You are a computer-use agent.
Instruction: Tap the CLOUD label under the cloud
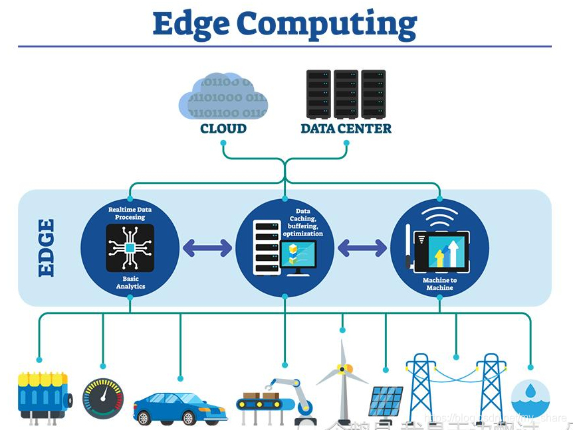pos(223,128)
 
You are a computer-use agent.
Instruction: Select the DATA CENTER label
pos(346,128)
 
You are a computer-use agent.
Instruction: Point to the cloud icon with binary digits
pos(223,97)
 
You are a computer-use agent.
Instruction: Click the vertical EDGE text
pos(46,248)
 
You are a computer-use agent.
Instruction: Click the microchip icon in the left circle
pos(130,247)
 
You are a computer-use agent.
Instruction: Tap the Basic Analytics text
pos(130,283)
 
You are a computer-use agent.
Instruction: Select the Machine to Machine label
pos(439,284)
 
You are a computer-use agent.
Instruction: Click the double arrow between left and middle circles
pos(207,248)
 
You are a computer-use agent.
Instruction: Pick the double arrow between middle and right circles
pos(362,248)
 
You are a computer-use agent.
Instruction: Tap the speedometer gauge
pos(103,399)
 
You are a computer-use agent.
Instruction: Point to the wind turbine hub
pos(342,368)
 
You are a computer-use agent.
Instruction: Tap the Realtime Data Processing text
pos(130,213)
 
